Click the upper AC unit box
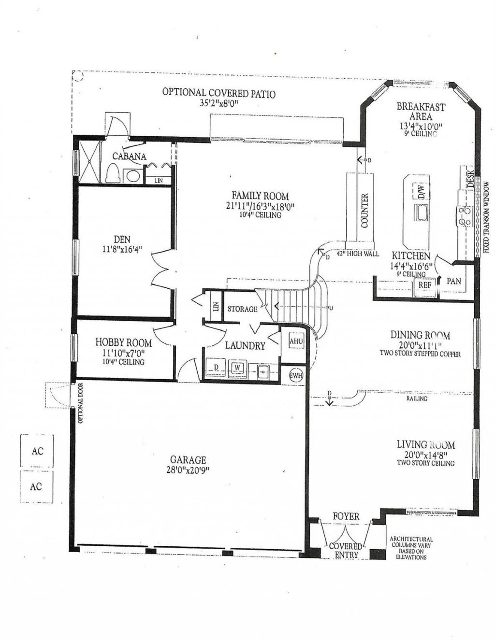click(37, 451)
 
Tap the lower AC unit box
click(37, 486)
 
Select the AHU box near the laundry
click(296, 341)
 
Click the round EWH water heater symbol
click(296, 375)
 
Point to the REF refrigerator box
click(424, 285)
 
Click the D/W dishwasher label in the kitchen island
click(421, 191)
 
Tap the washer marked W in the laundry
click(237, 368)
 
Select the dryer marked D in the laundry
click(216, 368)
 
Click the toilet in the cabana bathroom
click(113, 173)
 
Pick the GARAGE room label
click(188, 460)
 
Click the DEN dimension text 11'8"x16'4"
click(122, 250)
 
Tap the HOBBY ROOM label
click(123, 342)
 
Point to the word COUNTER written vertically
click(364, 210)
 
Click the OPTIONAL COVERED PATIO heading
click(218, 93)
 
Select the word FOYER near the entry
click(346, 516)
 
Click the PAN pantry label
click(454, 281)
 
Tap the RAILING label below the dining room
click(417, 399)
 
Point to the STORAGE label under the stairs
click(242, 309)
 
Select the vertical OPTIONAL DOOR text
click(80, 403)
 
